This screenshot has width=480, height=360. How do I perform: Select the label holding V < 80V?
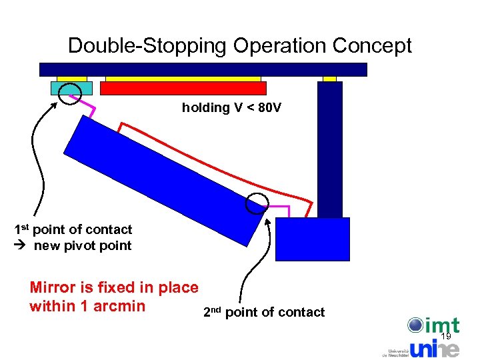click(x=231, y=107)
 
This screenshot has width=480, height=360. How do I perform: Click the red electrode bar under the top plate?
click(x=183, y=88)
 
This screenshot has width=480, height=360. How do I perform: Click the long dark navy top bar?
click(x=203, y=69)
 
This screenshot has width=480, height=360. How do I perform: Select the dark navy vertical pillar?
click(x=330, y=150)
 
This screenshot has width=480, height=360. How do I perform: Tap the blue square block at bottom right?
click(x=313, y=238)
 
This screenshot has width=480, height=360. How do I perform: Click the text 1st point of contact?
click(x=73, y=230)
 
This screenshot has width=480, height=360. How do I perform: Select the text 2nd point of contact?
click(x=263, y=312)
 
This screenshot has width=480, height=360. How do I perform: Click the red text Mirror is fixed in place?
click(x=114, y=288)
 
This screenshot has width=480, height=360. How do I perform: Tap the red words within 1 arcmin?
click(x=87, y=306)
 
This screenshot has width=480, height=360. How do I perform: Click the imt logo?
click(x=433, y=326)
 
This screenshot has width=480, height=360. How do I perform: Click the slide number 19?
click(x=446, y=337)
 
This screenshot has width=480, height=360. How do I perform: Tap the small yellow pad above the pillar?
click(x=329, y=79)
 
